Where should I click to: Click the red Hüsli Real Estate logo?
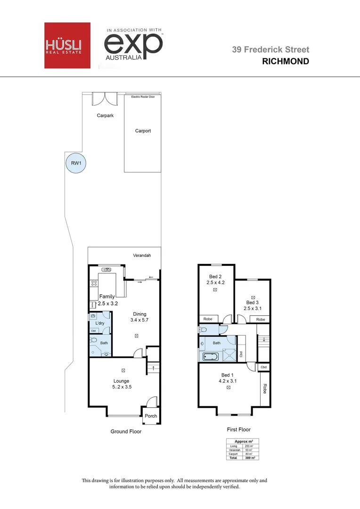coord(66,45)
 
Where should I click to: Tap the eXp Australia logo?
coord(133,45)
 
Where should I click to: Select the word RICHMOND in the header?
coord(285,61)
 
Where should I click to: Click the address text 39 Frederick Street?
coord(270,49)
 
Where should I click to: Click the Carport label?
coord(143,131)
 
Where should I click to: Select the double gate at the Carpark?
coord(104,99)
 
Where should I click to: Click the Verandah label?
coord(141,255)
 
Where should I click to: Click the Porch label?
coord(151,416)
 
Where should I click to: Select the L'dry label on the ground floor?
coord(100,323)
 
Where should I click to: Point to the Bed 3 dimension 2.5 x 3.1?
coord(253,309)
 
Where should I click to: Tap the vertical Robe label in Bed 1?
coord(265,388)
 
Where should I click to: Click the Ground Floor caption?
coord(126,431)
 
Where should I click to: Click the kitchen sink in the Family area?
coord(107,270)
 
